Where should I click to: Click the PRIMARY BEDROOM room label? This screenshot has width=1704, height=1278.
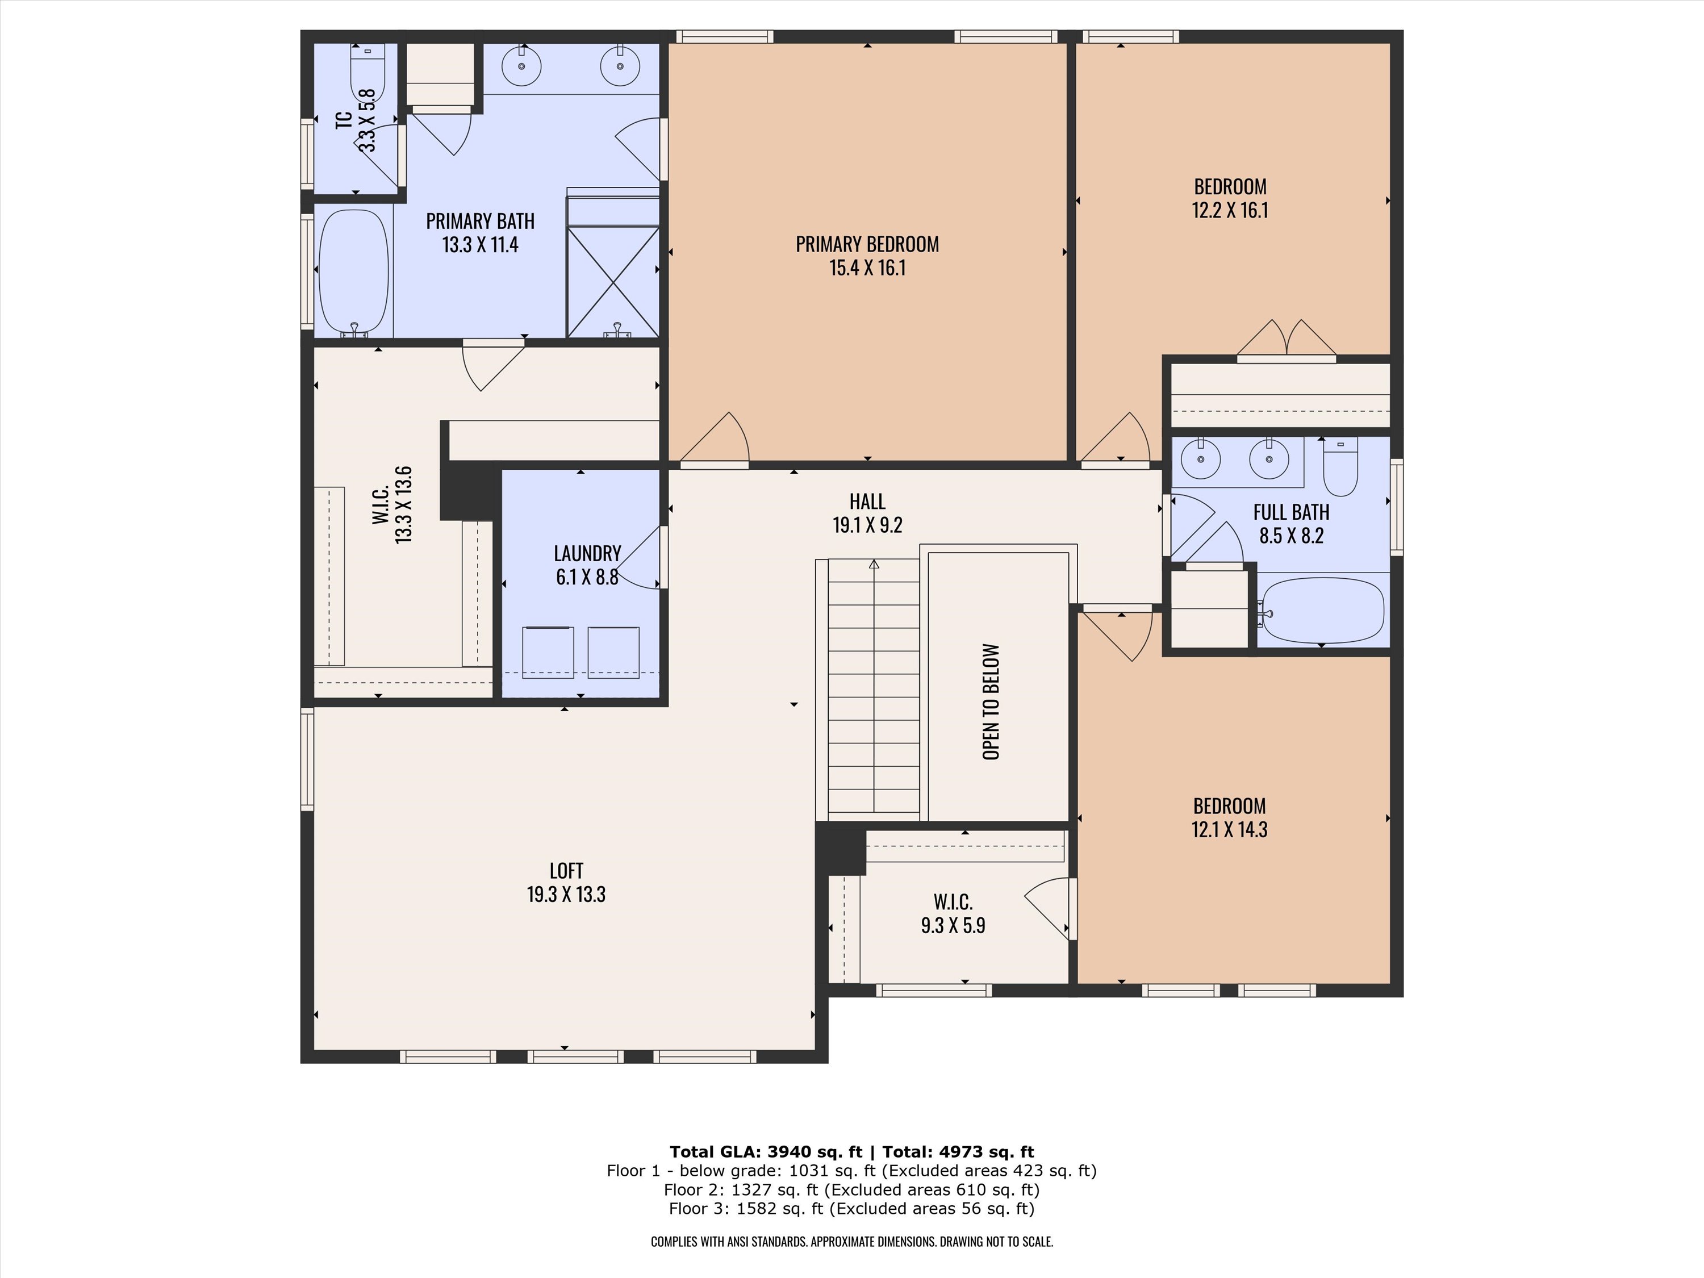pos(867,245)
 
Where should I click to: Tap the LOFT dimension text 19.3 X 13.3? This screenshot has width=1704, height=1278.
pos(566,895)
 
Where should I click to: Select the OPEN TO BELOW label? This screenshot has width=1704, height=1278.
pos(991,702)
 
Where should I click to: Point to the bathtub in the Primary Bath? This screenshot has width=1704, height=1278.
pos(354,273)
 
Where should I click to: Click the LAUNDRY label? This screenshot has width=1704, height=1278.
pos(587,554)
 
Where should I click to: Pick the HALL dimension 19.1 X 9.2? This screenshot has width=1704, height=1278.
pos(867,525)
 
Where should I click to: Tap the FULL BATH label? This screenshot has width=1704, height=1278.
pos(1291,512)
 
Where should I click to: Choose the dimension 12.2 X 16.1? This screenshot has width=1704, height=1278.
pos(1230,210)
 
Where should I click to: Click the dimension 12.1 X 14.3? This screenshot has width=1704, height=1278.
pos(1230,830)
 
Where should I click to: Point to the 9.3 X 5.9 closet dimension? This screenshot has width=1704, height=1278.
pos(953,925)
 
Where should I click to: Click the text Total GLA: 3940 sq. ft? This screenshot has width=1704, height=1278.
pos(766,1152)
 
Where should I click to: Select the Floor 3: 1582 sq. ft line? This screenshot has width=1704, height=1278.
pos(851,1209)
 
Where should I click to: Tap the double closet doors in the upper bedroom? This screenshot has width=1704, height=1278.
pos(1287,339)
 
